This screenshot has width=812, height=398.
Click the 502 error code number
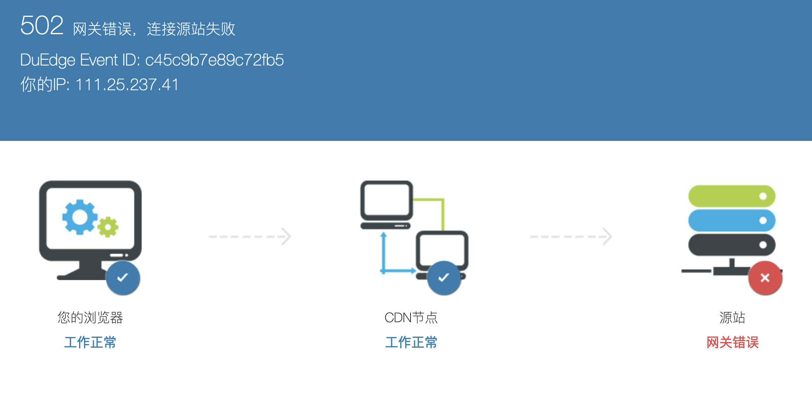click(42, 26)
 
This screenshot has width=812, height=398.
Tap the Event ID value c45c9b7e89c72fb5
click(215, 60)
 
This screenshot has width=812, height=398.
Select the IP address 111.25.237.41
click(127, 85)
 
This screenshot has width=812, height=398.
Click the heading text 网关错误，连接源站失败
click(154, 29)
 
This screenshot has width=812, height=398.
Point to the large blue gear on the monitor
click(79, 217)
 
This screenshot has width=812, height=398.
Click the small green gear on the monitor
click(108, 227)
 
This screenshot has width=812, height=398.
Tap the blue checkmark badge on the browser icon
click(123, 278)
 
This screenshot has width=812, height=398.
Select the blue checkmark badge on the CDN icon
click(444, 278)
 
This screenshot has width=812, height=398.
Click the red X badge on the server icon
click(765, 278)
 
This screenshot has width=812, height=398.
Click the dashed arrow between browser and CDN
click(250, 236)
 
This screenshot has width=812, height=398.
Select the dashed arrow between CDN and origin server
click(571, 236)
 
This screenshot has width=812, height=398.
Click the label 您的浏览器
click(90, 317)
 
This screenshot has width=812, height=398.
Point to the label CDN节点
click(411, 317)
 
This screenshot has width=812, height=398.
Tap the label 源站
click(732, 317)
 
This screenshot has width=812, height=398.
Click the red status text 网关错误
click(732, 342)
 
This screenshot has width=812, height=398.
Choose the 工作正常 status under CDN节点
click(411, 342)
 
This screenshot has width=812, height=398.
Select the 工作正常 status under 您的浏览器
click(90, 342)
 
